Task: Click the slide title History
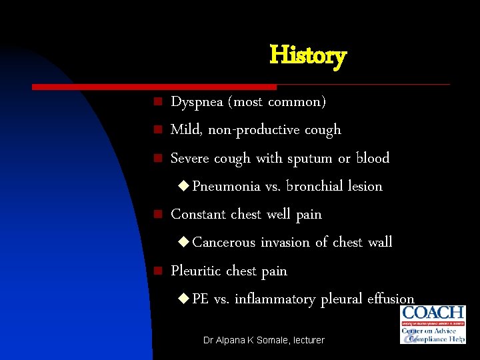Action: coord(307,55)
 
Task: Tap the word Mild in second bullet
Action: coord(187,129)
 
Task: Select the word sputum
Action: coord(309,159)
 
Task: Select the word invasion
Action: coord(285,242)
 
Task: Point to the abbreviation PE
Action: coord(201,299)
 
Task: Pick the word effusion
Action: coord(391,299)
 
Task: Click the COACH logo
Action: coord(433,325)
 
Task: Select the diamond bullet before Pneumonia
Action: coord(184,187)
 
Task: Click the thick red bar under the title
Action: coord(154,87)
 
